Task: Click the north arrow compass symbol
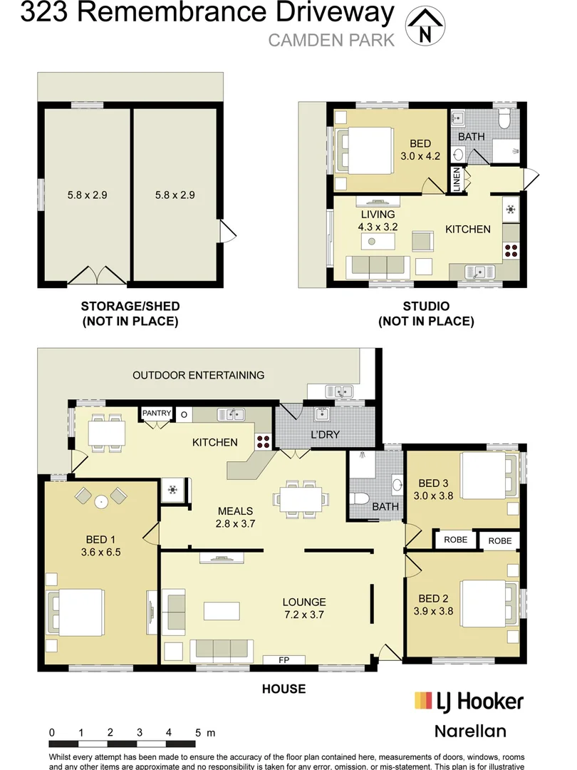[x=425, y=26]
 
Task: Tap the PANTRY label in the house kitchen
[x=157, y=413]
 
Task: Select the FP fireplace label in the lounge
[x=284, y=660]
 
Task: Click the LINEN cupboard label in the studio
[x=457, y=180]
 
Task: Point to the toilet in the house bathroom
[x=359, y=499]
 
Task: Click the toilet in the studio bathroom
[x=504, y=118]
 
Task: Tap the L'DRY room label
[x=325, y=435]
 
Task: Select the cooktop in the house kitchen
[x=263, y=441]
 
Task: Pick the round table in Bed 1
[x=101, y=502]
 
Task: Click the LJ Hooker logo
[x=469, y=702]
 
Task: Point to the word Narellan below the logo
[x=470, y=731]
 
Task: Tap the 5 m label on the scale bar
[x=205, y=733]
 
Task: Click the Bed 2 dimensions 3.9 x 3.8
[x=433, y=612]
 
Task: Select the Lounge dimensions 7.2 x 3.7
[x=303, y=615]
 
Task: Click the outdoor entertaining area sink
[x=339, y=391]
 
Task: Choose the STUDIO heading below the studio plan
[x=426, y=307]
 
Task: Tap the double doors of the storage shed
[x=97, y=275]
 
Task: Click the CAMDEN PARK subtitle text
[x=331, y=40]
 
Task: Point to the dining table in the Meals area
[x=301, y=499]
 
